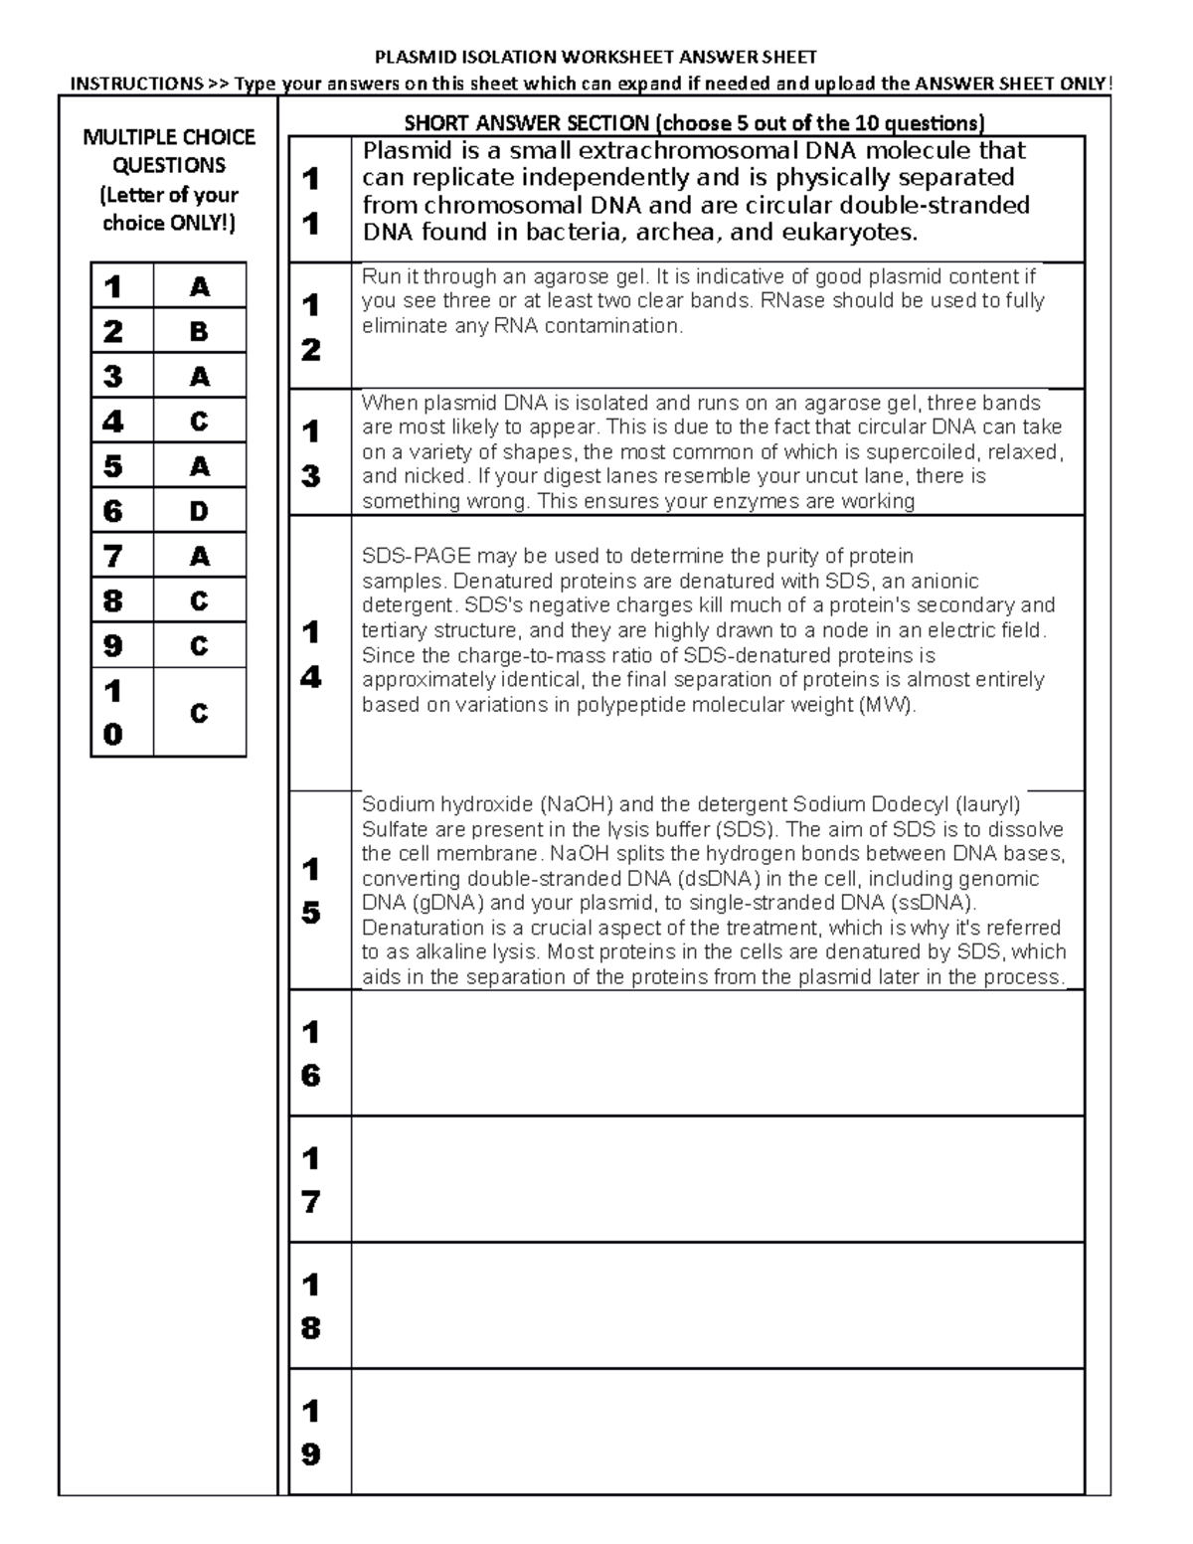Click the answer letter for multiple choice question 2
click(x=199, y=331)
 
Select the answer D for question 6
click(x=199, y=511)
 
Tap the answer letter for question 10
click(x=199, y=713)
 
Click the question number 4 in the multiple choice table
click(x=113, y=422)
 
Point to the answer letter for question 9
click(x=199, y=646)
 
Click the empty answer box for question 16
click(x=717, y=1053)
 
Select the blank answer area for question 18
click(x=717, y=1305)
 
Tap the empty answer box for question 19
click(x=717, y=1432)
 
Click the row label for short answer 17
click(x=311, y=1180)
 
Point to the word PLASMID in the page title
click(x=407, y=58)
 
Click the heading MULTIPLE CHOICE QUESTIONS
click(x=169, y=151)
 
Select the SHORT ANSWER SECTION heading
click(x=694, y=123)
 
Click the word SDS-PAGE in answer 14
click(x=417, y=556)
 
